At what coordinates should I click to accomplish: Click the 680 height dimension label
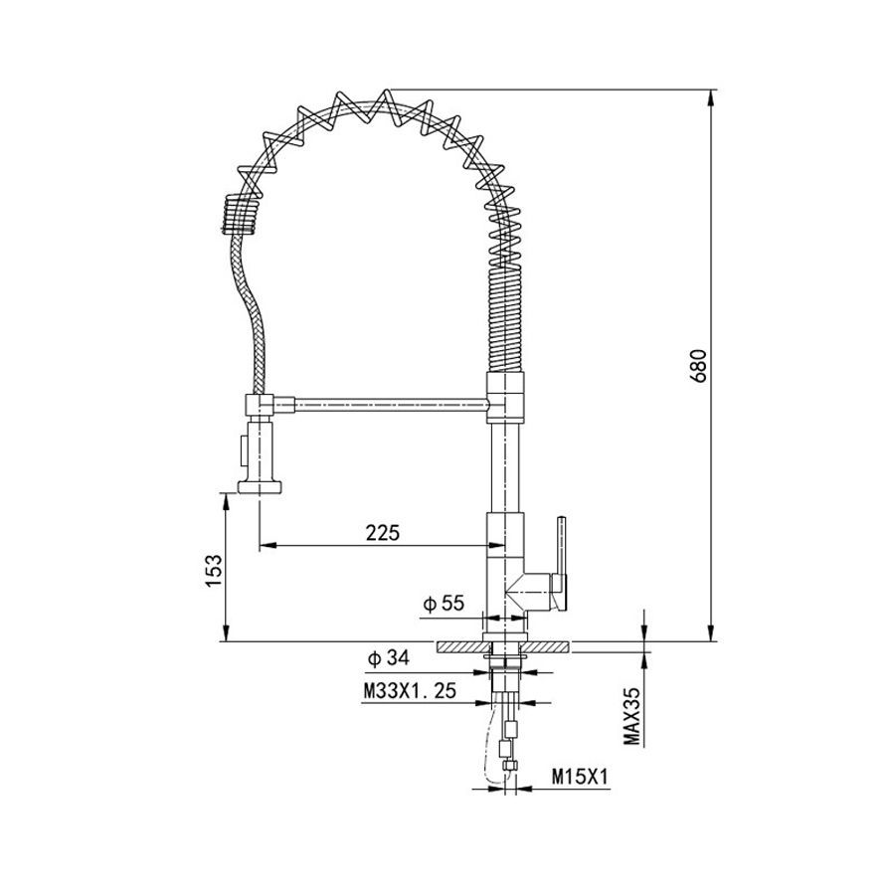coord(698,366)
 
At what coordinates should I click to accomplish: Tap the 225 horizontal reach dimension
coord(383,533)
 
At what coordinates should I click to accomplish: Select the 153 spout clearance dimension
coord(213,571)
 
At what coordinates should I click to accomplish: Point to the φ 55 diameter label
coord(444,604)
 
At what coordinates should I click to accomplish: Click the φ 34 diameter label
coord(389,658)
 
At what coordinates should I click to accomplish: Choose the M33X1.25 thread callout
coord(411,691)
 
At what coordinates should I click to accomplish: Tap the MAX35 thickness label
coord(631,716)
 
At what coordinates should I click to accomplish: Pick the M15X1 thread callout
coord(581,777)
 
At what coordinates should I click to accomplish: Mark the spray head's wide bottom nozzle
coord(260,487)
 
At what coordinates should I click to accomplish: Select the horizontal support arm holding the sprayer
coord(391,405)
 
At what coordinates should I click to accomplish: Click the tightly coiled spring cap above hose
coord(240,214)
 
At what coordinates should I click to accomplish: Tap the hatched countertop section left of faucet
coord(462,646)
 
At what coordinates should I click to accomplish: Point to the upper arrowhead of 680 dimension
coord(711,97)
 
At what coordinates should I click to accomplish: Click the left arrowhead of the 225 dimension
coord(268,546)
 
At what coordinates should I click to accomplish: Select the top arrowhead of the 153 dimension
coord(227,502)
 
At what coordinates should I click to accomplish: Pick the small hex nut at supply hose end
coord(510,766)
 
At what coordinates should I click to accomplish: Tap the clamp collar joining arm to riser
coord(504,398)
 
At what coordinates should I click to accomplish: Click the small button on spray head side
coord(244,450)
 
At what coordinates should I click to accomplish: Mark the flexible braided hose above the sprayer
coord(248,313)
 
